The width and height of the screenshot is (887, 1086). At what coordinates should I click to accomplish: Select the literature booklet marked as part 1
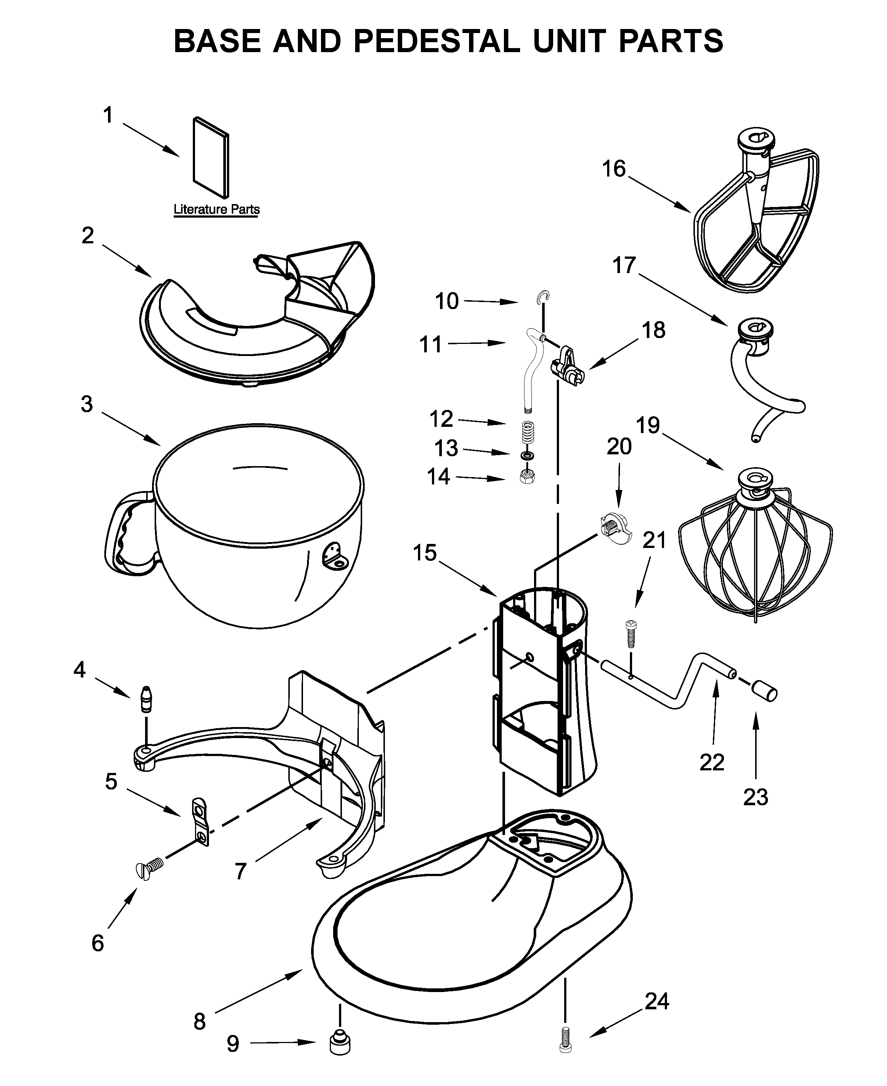(210, 157)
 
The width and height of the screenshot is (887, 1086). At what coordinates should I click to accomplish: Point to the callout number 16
(614, 168)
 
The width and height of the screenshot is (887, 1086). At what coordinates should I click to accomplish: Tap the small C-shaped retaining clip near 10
(545, 297)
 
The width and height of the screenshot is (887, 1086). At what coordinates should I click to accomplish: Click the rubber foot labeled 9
(340, 1042)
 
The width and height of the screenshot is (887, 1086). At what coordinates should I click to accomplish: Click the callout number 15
(425, 552)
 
